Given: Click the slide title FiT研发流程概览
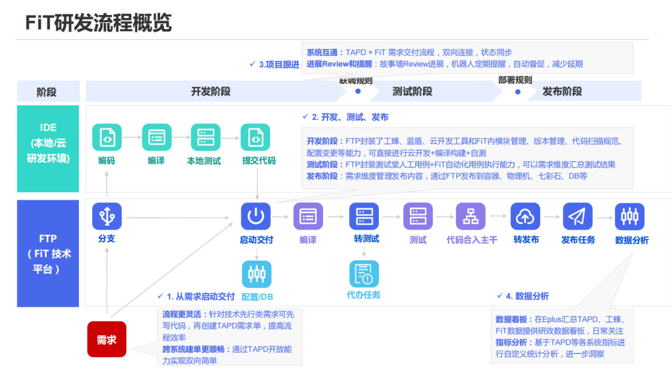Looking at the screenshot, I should pyautogui.click(x=98, y=24).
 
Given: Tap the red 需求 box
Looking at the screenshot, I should pyautogui.click(x=106, y=340).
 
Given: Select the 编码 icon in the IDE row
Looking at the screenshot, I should pyautogui.click(x=107, y=138).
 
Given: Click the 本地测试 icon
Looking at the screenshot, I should pyautogui.click(x=205, y=138).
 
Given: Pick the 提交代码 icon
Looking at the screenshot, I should pyautogui.click(x=256, y=138).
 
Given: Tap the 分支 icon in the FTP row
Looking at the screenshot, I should pyautogui.click(x=107, y=216).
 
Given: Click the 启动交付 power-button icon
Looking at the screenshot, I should pyautogui.click(x=256, y=216).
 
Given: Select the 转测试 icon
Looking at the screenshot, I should pyautogui.click(x=364, y=216).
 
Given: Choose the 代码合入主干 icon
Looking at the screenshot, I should pyautogui.click(x=470, y=216).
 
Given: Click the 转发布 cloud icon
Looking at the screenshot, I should pyautogui.click(x=525, y=216).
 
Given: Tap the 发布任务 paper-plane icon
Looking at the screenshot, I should pyautogui.click(x=577, y=216).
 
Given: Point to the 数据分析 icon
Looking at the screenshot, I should pyautogui.click(x=630, y=216).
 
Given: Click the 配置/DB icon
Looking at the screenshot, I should pyautogui.click(x=256, y=274).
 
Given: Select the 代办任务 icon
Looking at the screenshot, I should pyautogui.click(x=364, y=274).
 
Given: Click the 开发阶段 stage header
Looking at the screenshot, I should pyautogui.click(x=210, y=91).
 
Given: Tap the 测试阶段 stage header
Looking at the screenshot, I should pyautogui.click(x=412, y=91).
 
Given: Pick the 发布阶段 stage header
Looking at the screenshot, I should pyautogui.click(x=562, y=91).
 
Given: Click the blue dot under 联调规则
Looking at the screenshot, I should pyautogui.click(x=358, y=91).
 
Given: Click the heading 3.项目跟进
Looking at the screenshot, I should pyautogui.click(x=278, y=65).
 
